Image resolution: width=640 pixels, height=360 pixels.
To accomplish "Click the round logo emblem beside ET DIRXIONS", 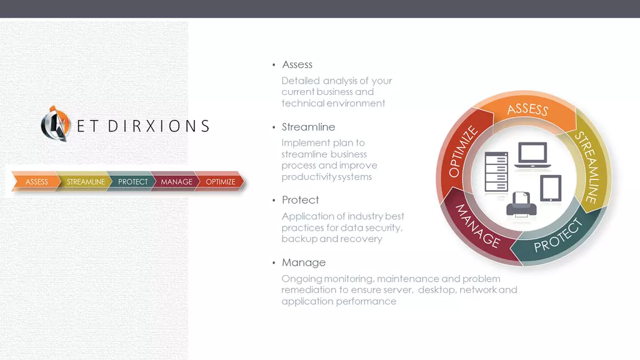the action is coord(56,124).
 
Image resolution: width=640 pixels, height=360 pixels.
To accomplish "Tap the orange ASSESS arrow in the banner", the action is coord(36,182).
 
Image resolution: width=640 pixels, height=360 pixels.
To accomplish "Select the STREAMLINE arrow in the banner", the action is coord(85,182).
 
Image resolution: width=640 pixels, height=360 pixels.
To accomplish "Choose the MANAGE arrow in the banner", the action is coord(176,182).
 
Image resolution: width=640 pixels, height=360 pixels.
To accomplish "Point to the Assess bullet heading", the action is coord(297,64).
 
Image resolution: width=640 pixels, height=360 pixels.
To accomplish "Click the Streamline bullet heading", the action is coord(308,127).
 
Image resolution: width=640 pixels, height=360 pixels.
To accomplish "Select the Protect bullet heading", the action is coord(300,200).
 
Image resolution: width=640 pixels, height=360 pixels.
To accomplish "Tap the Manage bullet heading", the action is coord(304,262).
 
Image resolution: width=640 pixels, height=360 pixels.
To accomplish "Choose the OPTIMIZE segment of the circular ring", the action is coord(462,152).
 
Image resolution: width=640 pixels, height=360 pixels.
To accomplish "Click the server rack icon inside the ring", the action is coord(496,172).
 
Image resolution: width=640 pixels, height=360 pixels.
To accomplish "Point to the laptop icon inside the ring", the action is coord(532,155).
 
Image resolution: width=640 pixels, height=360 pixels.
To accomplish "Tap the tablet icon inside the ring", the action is coord(551,188).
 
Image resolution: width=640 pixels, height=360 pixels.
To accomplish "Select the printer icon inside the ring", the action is coord(521,204).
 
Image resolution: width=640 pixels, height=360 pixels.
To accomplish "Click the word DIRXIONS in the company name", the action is coord(159,126).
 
